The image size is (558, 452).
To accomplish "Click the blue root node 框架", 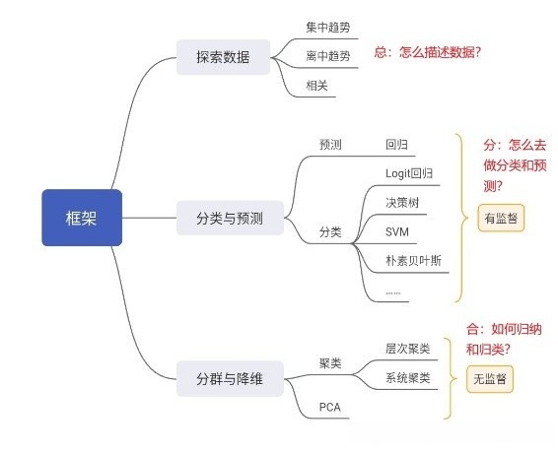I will (x=82, y=218).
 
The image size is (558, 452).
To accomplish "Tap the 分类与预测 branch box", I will (x=229, y=218).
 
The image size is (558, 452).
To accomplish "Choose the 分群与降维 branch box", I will (x=229, y=377).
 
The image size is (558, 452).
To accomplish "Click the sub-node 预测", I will (x=330, y=145).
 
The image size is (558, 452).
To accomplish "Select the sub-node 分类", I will (x=330, y=232).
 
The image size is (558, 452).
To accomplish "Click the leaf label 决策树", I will (x=402, y=202).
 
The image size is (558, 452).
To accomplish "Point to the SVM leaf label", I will (x=397, y=231).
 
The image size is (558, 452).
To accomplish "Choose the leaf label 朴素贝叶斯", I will (x=414, y=261).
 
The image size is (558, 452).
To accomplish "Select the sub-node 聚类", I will (x=330, y=363).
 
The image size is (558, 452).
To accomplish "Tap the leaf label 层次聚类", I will (x=408, y=349).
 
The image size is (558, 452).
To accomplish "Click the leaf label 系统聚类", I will (x=408, y=378).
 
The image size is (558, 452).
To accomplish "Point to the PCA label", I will (x=329, y=407).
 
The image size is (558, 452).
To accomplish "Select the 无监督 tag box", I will (x=491, y=378).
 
